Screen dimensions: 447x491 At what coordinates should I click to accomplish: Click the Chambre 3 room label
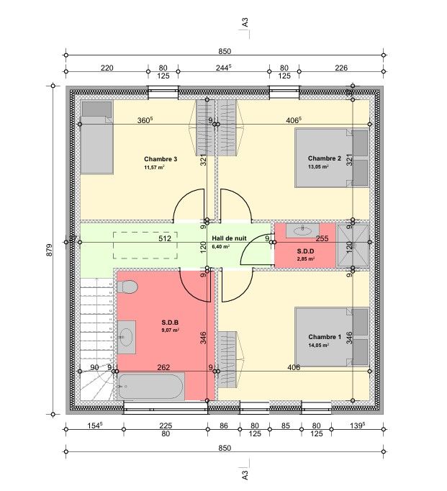[161, 159]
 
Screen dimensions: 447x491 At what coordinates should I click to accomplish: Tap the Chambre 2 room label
[325, 158]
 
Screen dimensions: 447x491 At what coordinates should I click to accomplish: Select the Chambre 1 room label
[325, 337]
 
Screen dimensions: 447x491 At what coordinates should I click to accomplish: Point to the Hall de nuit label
[229, 238]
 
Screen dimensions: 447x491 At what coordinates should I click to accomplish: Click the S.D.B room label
[170, 323]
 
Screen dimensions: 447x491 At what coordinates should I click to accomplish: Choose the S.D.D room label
[305, 251]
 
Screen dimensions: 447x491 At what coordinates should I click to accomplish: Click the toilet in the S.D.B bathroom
[127, 287]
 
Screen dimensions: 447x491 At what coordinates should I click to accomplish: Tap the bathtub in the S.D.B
[151, 387]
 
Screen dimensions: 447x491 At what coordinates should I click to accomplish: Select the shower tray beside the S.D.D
[353, 245]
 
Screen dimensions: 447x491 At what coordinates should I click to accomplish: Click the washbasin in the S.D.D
[302, 231]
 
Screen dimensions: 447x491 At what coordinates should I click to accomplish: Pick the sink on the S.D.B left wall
[127, 337]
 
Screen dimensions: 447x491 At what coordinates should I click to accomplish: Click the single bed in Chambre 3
[96, 138]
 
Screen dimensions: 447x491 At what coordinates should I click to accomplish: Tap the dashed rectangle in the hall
[145, 245]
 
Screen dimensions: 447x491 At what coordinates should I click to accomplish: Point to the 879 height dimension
[50, 251]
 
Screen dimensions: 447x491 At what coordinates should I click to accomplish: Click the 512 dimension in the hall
[165, 238]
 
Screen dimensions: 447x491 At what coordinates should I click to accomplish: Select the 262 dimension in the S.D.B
[163, 367]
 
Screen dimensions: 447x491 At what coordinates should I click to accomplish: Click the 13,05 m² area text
[318, 166]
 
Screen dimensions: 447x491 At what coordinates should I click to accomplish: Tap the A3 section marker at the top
[245, 22]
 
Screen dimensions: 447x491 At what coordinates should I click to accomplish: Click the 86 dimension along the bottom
[224, 425]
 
